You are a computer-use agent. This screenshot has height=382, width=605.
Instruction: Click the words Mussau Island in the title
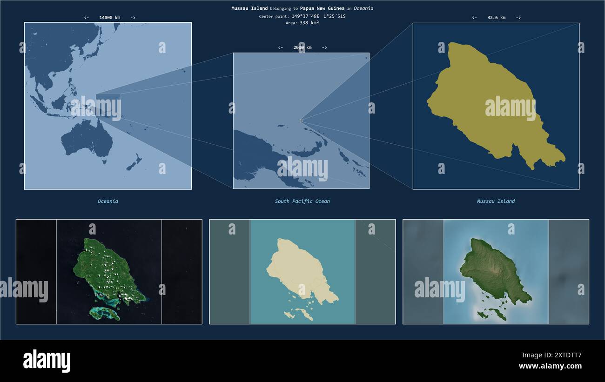coord(249,8)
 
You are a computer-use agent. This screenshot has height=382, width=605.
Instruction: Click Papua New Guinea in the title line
coord(322,8)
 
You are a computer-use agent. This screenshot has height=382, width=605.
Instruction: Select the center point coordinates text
coord(302,16)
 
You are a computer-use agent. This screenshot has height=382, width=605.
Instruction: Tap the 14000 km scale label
coord(109,18)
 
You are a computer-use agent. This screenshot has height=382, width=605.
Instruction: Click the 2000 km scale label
coord(302,47)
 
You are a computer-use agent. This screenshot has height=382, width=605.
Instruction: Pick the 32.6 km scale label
coord(496,18)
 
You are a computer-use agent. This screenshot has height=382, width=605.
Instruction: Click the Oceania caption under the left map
coord(108,201)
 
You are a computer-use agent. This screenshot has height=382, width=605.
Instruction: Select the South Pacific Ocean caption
coord(302,201)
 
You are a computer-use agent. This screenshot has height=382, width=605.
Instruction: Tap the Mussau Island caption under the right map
coord(496,201)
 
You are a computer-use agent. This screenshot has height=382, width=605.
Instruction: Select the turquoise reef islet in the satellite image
coord(105,313)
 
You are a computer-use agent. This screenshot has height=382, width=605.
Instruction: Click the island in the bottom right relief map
coord(491,270)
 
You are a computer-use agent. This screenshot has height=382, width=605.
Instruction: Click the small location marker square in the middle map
coord(301,121)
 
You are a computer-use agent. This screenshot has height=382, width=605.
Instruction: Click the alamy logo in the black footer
coord(47,361)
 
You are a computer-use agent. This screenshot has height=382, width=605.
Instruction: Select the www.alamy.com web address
coord(550,366)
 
